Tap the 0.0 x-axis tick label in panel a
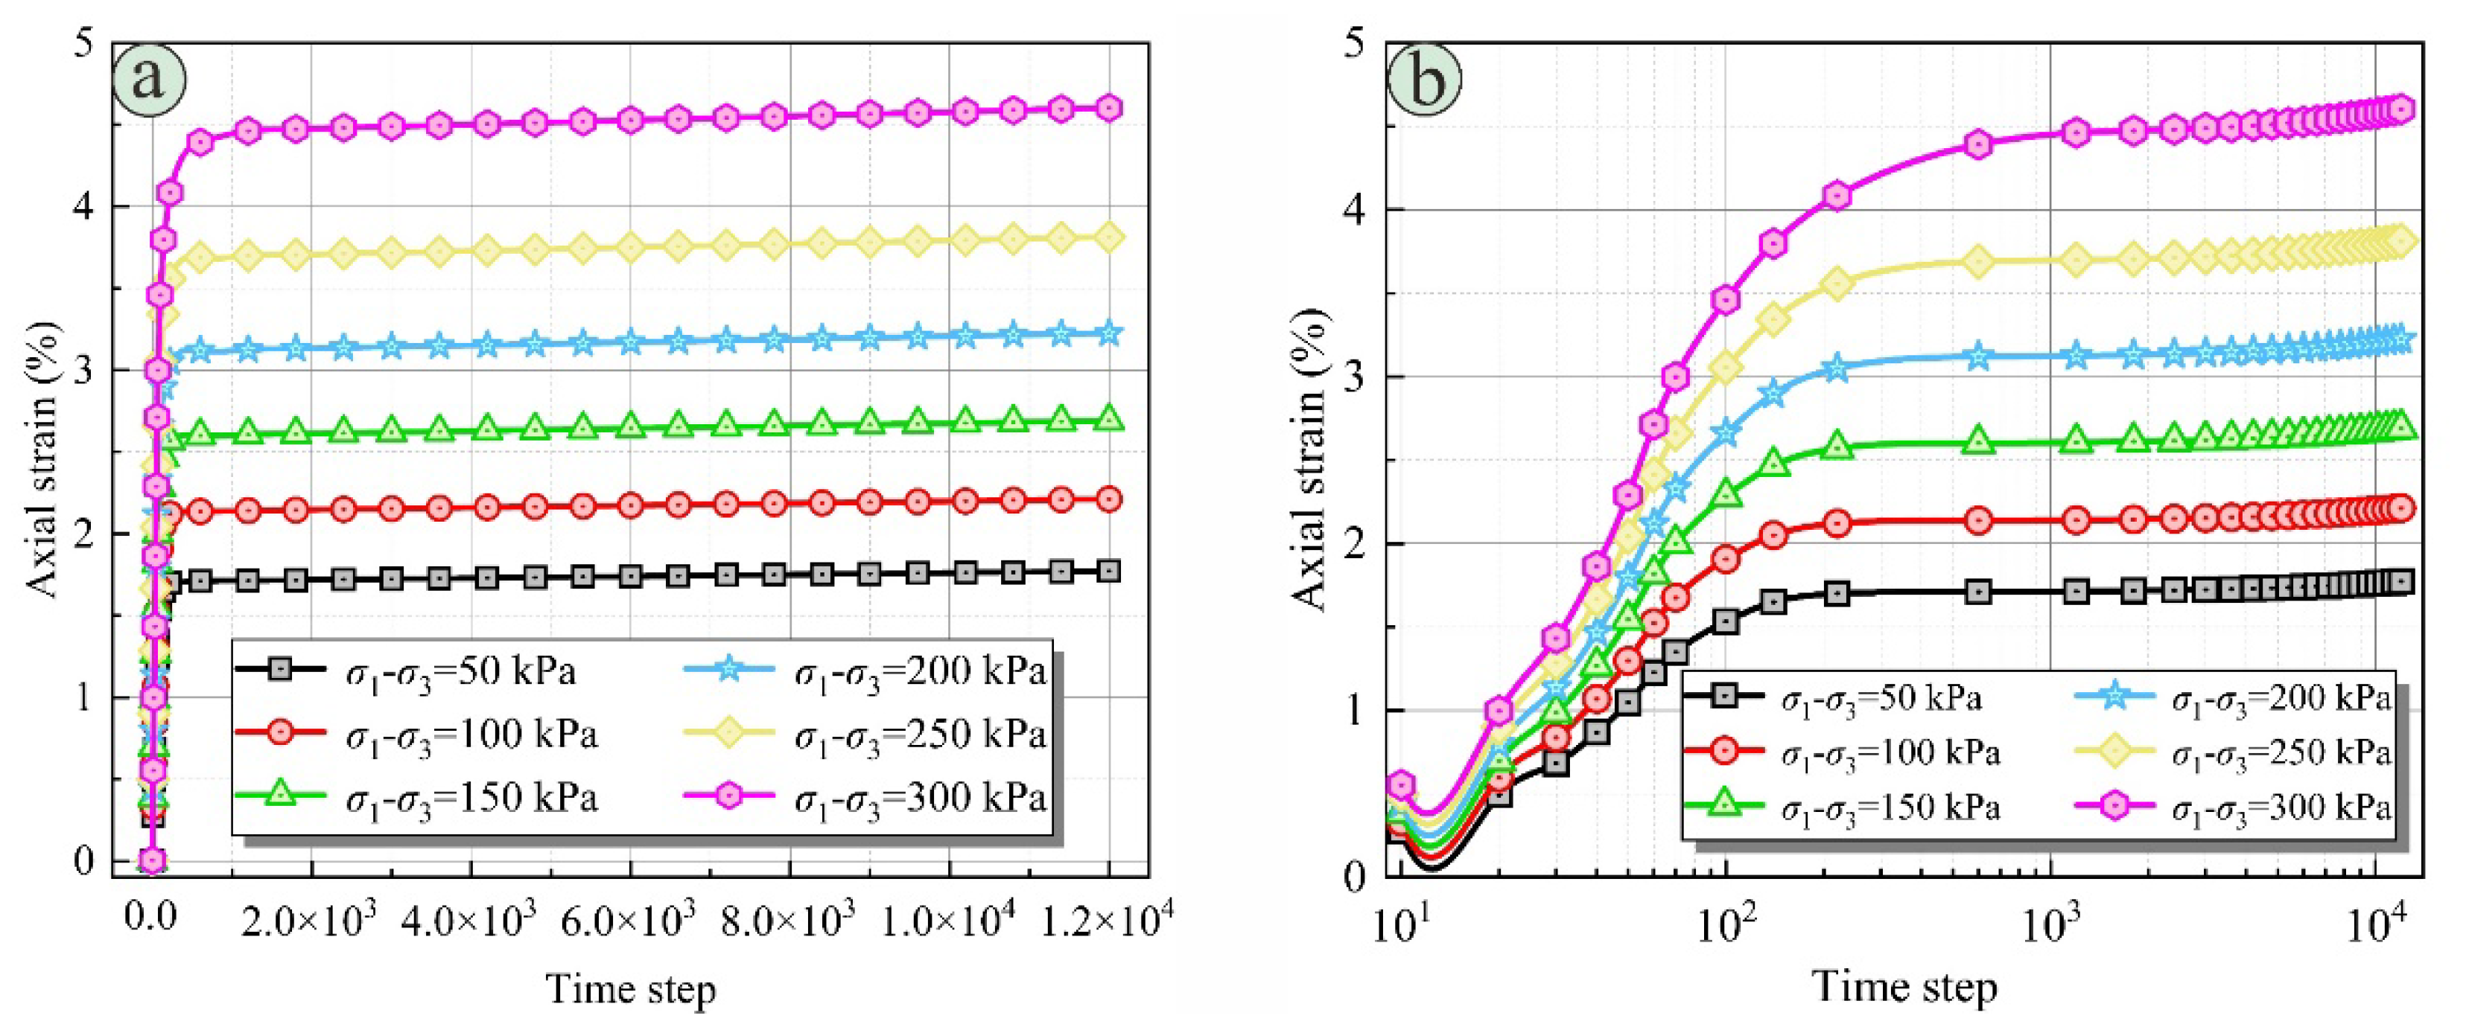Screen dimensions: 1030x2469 click(151, 921)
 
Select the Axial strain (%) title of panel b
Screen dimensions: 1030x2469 click(1309, 459)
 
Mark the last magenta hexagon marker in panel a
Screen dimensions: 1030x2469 click(1109, 107)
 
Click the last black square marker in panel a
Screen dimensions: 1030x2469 click(1109, 571)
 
